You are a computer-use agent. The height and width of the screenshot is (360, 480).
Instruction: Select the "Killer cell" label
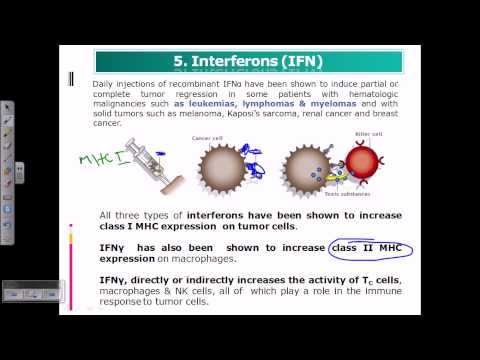click(x=367, y=130)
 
